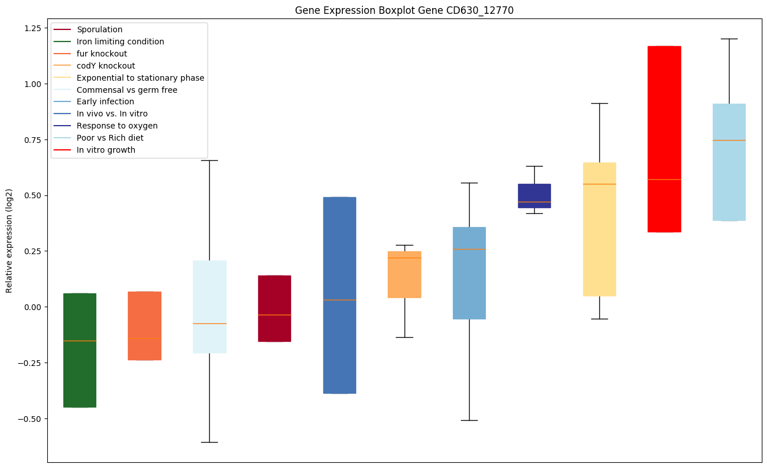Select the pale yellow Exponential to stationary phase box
pos(599,242)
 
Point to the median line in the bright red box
pos(664,179)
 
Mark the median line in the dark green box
pos(80,341)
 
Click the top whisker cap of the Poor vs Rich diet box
pos(729,39)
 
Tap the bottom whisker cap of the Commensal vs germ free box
pos(209,442)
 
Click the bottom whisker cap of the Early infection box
pos(469,420)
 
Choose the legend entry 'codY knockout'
pos(105,66)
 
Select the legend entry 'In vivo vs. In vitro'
pos(112,114)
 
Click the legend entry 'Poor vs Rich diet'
pos(109,138)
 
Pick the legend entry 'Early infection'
pos(105,101)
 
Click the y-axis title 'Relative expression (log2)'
pos(9,240)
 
